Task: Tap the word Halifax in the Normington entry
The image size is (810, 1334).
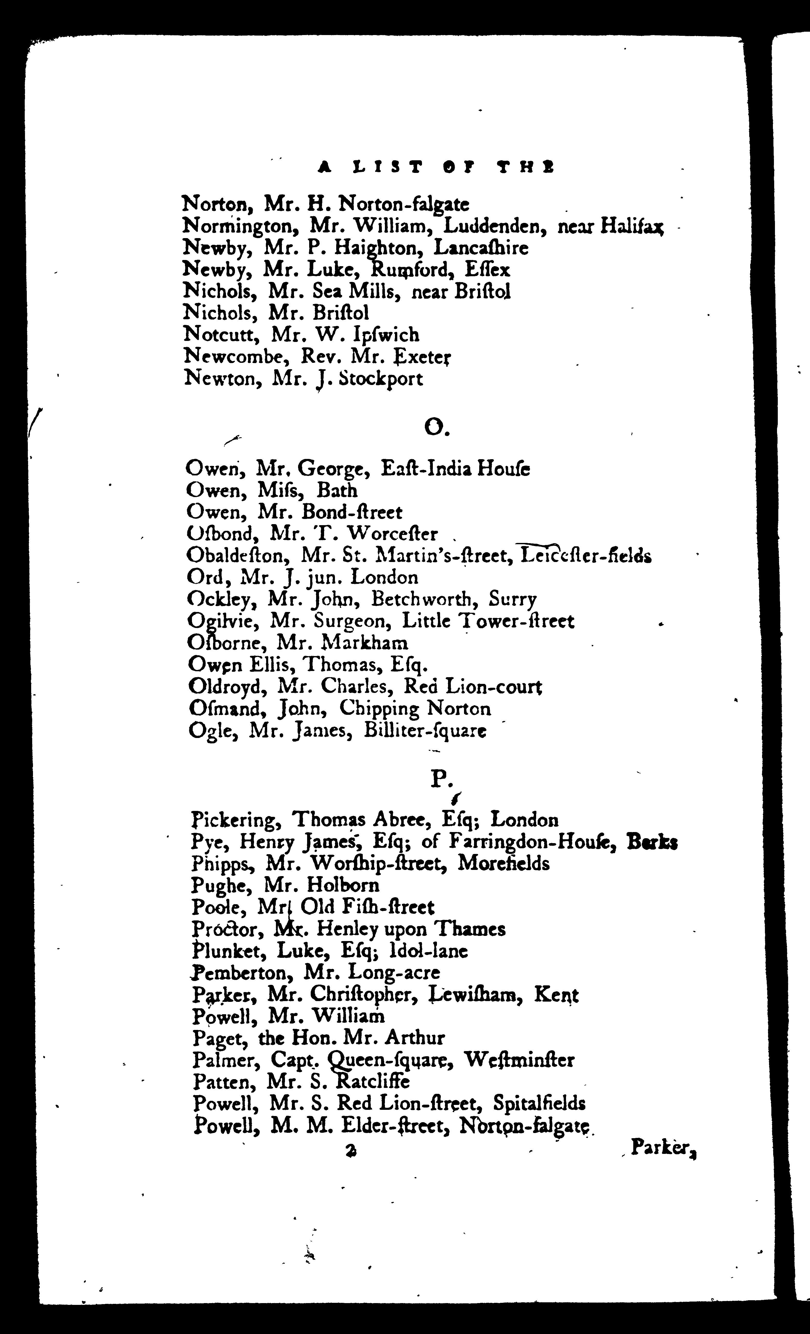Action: (632, 226)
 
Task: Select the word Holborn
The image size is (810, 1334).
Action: (343, 886)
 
